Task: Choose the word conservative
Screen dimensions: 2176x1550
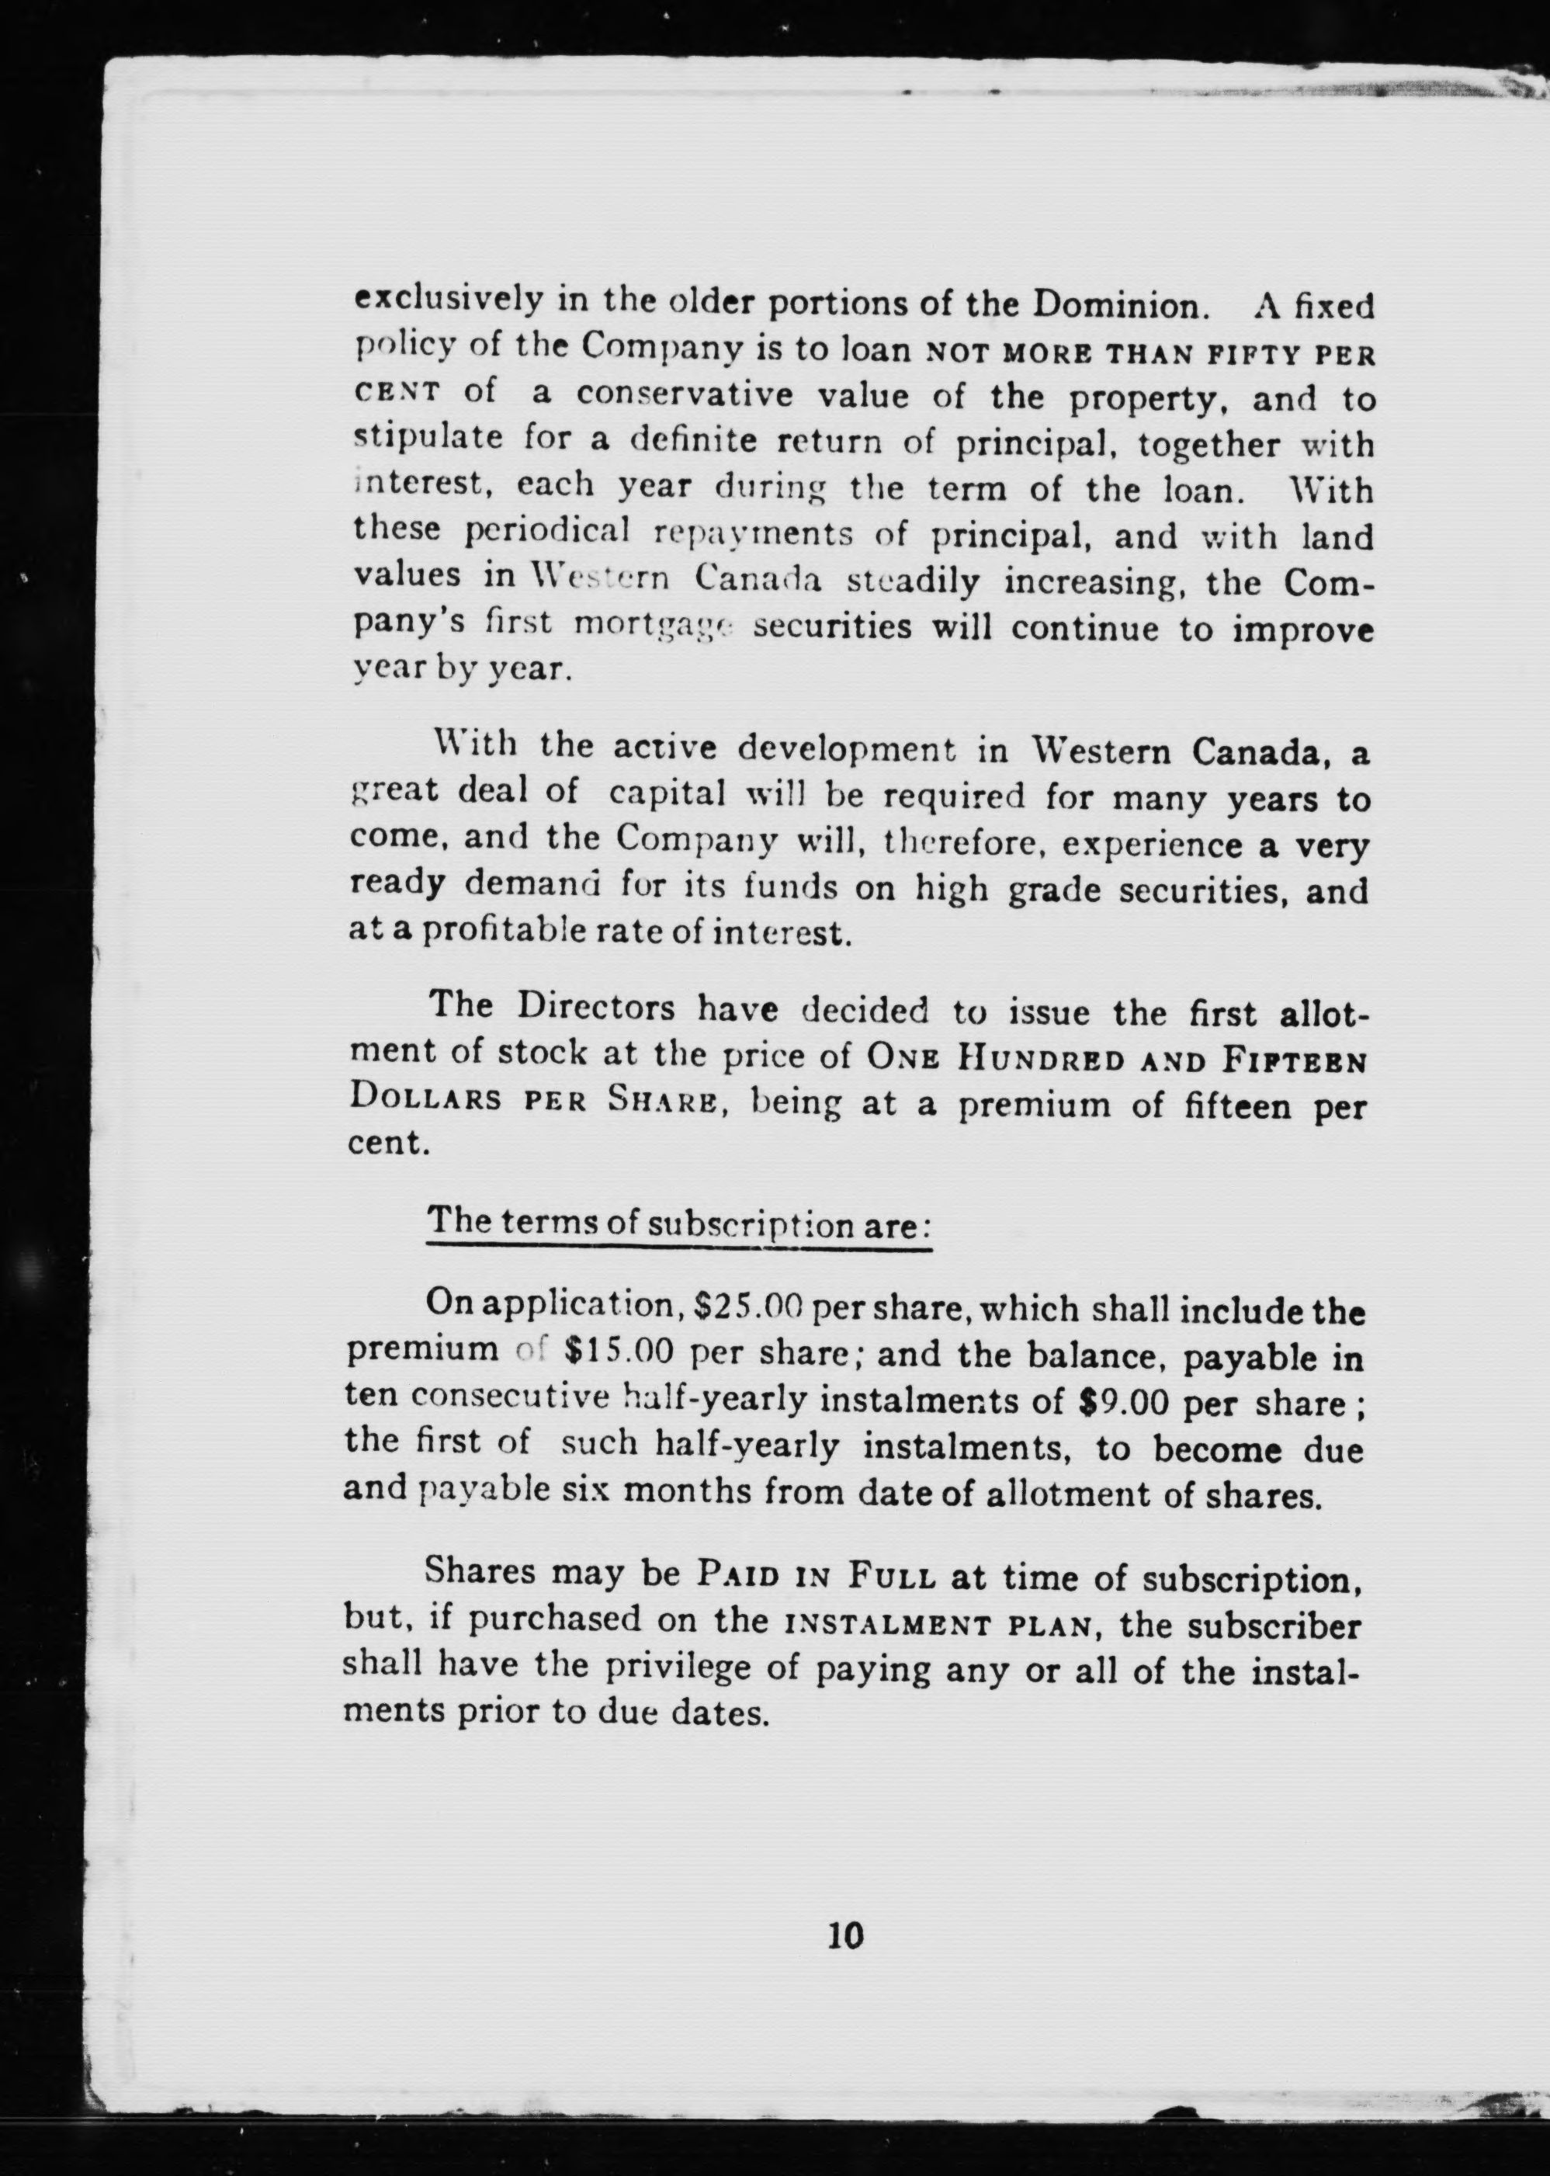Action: (x=683, y=395)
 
